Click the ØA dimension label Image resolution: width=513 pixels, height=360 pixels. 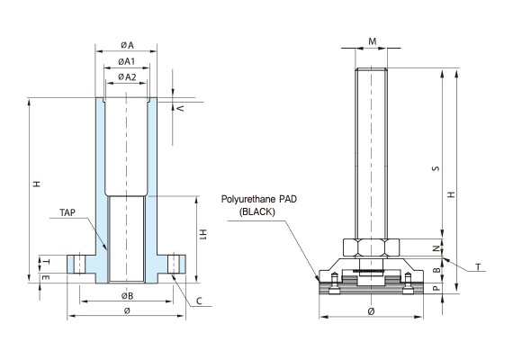[x=127, y=45]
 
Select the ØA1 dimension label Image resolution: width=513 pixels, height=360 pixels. [x=127, y=61]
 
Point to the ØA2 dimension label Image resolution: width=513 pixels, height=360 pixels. [x=127, y=77]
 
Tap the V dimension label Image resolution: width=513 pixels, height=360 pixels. [x=180, y=108]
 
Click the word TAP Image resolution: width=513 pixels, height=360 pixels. [x=67, y=212]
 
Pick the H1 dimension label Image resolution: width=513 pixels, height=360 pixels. [x=203, y=235]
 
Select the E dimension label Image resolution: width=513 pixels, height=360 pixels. [x=46, y=277]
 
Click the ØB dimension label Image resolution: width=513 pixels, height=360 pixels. [x=127, y=296]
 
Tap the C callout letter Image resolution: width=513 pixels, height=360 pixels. [x=199, y=301]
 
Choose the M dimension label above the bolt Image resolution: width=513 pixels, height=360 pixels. [x=373, y=41]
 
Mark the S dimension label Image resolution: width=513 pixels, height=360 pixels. [x=436, y=168]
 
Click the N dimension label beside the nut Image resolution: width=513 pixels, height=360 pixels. [x=436, y=248]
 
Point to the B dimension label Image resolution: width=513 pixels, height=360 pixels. [x=436, y=270]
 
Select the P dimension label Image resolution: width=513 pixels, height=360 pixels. [x=436, y=288]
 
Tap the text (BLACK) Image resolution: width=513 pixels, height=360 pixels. [x=256, y=212]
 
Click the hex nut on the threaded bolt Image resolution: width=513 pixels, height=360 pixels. [x=372, y=247]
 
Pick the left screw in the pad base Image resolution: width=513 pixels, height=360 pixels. [x=334, y=283]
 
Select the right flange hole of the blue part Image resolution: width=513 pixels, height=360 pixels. [x=174, y=264]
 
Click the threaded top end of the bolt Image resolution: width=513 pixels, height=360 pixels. [x=372, y=70]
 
